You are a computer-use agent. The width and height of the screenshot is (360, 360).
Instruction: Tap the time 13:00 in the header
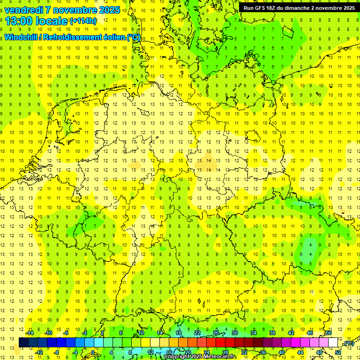pos(20,21)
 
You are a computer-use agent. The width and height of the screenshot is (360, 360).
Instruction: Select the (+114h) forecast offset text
pos(83,21)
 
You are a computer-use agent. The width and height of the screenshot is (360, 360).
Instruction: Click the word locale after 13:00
pos(53,21)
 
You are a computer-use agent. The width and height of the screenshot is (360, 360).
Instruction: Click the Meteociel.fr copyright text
pos(200,357)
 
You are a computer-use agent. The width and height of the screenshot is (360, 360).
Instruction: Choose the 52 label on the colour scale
pos(338,352)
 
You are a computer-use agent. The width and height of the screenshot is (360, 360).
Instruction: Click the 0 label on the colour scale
pos(93,352)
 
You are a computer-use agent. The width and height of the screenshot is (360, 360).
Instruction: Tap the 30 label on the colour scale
pos(235,333)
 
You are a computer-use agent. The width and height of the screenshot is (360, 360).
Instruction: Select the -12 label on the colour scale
pos(39,352)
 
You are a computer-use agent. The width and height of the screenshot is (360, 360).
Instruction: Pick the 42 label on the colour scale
pos(291,333)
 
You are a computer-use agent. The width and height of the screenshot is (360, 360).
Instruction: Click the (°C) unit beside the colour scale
pos(348,344)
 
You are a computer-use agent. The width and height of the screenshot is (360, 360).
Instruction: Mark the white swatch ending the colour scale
pos(333,343)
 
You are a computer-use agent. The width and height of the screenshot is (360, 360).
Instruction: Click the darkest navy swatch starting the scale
pos(23,343)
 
